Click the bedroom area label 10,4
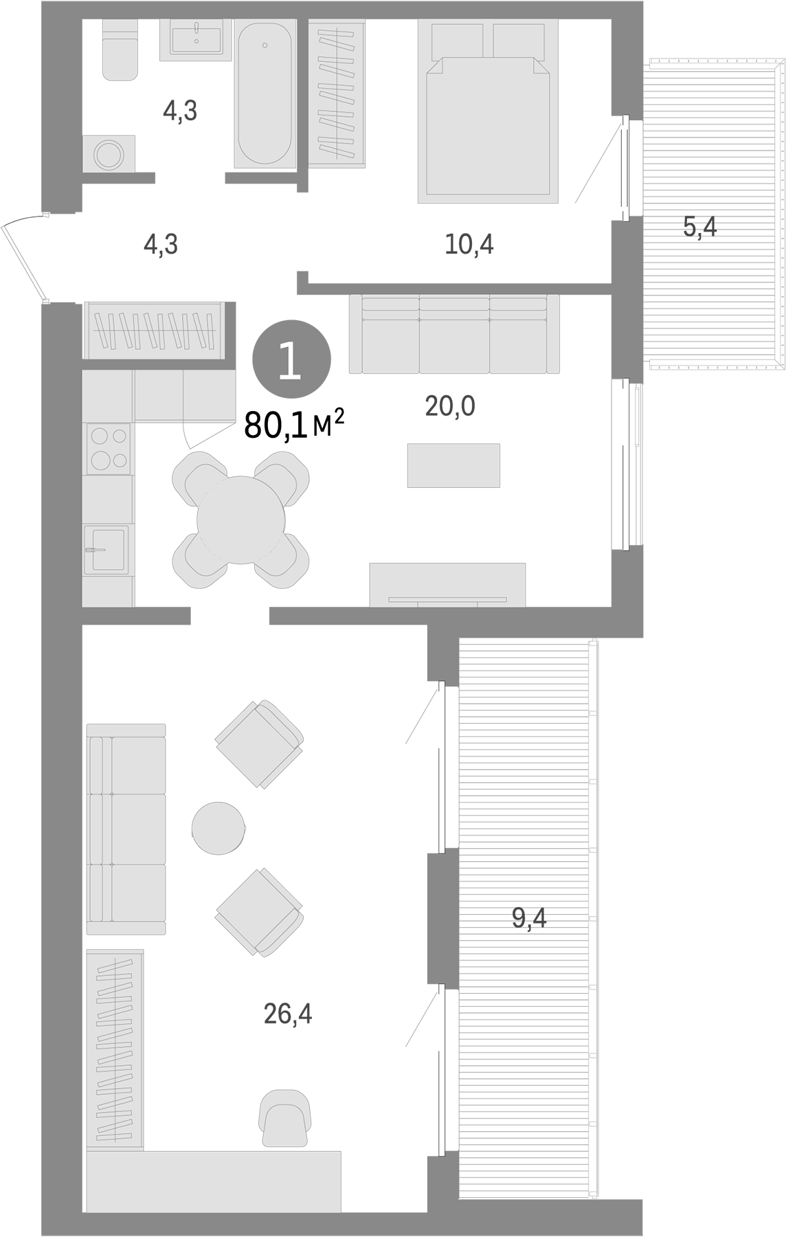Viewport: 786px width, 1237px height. (469, 244)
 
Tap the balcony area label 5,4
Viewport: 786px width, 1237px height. (699, 226)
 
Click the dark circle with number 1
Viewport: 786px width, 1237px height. (291, 359)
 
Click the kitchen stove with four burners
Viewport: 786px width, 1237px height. (108, 448)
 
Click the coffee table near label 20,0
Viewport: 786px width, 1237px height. (453, 465)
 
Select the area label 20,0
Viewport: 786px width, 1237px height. (450, 407)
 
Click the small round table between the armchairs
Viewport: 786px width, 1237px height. (218, 828)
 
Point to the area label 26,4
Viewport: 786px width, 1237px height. (287, 1014)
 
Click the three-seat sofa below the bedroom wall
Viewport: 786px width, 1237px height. (454, 334)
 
